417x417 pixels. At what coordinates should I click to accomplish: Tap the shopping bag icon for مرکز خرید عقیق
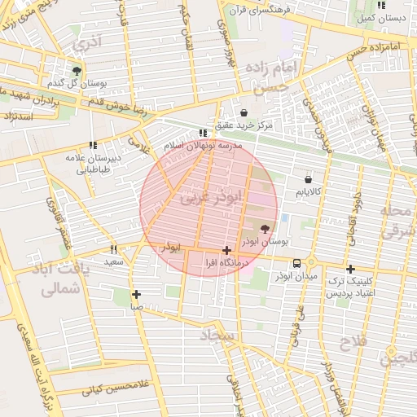pos(244,112)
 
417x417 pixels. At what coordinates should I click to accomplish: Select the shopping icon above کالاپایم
pos(308,178)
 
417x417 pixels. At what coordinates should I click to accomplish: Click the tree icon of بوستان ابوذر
pos(264,230)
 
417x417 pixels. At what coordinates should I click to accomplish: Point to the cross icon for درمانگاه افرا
pos(226,251)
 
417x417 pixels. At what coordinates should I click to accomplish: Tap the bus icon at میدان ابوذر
pos(296,263)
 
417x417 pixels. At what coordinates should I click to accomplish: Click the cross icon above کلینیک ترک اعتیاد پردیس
pos(350,269)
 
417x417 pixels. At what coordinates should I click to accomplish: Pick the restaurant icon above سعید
pos(113,249)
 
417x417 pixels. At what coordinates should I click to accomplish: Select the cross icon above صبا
pos(135,294)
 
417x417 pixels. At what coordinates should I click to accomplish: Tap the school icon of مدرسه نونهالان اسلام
pos(203,132)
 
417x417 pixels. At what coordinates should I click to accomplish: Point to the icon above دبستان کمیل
pos(380,5)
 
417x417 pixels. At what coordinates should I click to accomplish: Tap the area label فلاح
pos(356,343)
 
